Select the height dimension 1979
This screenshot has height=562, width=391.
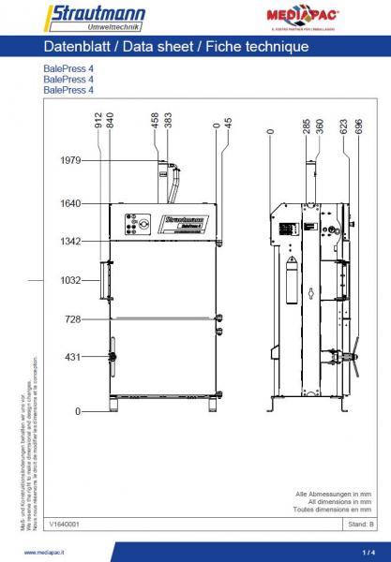coord(70,160)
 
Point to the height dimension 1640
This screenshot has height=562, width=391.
coord(70,202)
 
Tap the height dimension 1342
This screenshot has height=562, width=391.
coord(70,241)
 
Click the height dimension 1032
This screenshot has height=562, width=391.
coord(70,280)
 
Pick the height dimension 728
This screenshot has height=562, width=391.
coord(74,319)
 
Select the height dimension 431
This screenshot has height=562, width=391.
coord(74,357)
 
